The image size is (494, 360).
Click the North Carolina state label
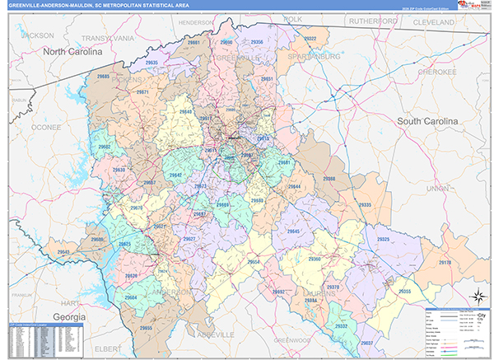[x=72, y=51]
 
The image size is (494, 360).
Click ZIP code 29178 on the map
[x=445, y=262]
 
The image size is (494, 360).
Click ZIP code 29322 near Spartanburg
[x=310, y=39]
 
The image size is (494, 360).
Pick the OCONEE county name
[x=46, y=128]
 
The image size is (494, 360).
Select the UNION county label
[x=438, y=188]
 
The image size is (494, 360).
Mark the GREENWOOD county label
[x=293, y=339]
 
